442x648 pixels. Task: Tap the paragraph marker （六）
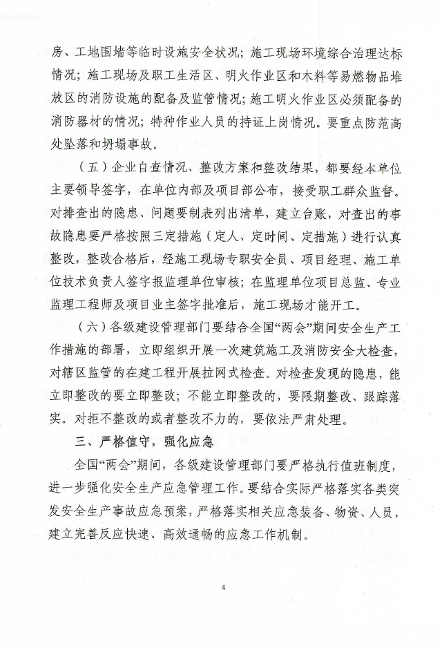[x=93, y=327]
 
